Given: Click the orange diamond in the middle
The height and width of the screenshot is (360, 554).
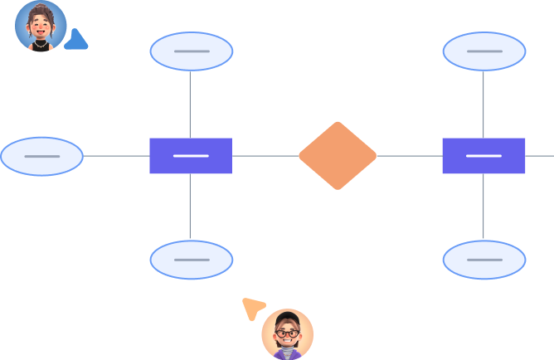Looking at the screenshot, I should coord(337,155).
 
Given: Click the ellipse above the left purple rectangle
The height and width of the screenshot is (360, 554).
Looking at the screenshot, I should coord(191,51).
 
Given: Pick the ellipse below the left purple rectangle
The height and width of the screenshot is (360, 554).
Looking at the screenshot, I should coord(191,260).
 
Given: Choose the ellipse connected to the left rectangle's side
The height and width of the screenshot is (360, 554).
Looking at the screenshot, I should coord(41,156).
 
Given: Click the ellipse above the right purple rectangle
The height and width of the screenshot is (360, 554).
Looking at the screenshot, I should coord(484,51).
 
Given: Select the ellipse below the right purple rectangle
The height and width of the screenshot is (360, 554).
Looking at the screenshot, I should coord(484,260).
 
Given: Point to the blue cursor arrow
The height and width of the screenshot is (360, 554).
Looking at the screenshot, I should coord(75,40).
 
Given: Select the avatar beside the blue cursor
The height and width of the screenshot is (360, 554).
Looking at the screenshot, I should coord(40,26).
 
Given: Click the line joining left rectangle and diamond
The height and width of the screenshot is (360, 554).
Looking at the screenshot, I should coord(265,155).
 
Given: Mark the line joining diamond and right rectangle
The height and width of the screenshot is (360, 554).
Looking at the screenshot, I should coord(409,155).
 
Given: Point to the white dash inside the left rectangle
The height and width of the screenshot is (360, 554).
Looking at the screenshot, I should coord(191,155).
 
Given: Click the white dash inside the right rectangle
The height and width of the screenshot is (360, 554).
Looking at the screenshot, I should coord(484,155).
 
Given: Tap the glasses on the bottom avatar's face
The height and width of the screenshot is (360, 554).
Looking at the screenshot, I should coord(287,333).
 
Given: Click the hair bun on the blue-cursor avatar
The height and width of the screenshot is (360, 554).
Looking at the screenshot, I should coord(40,7).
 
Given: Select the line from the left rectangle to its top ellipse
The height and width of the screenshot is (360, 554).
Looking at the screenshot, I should coord(191,104).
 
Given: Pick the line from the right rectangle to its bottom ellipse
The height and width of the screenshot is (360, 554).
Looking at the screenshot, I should coord(484,207).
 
